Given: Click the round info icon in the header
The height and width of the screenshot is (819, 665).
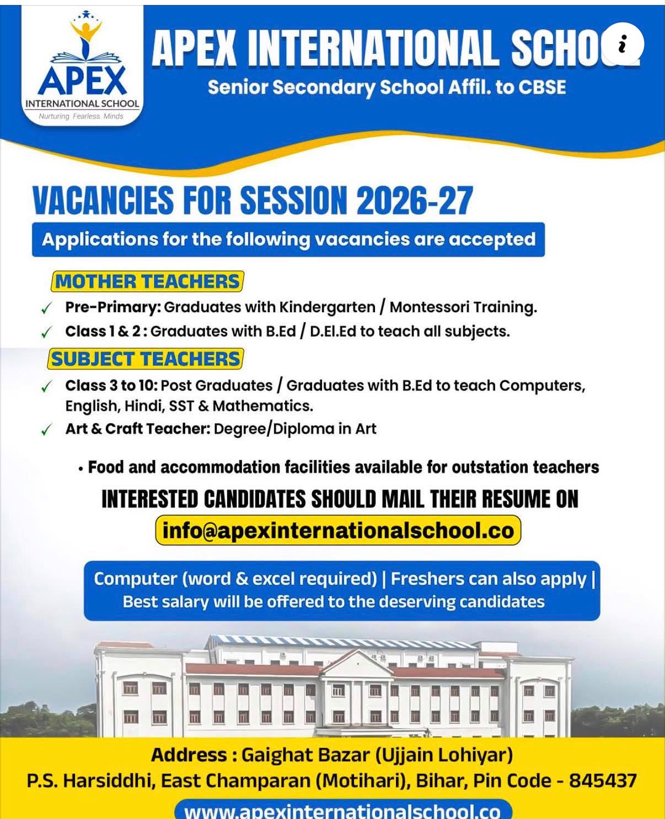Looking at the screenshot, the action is click(x=623, y=44).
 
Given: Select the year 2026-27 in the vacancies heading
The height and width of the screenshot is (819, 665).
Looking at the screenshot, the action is click(x=415, y=200).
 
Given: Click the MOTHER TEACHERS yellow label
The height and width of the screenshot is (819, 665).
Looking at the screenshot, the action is click(x=147, y=281).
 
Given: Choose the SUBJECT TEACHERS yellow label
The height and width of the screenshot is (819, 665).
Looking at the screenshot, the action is click(x=146, y=359).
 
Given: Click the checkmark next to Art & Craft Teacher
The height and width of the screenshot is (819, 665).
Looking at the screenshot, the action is click(x=46, y=430).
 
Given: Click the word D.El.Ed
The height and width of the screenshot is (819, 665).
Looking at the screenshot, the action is click(x=333, y=332).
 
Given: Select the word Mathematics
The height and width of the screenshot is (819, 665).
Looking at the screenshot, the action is click(x=263, y=406).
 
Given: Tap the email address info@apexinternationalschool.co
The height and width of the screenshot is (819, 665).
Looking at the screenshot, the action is click(x=338, y=530).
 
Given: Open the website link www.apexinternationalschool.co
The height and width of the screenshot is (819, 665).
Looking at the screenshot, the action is click(x=342, y=811).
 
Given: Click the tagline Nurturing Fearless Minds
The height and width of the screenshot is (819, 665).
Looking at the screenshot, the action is click(x=81, y=116).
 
